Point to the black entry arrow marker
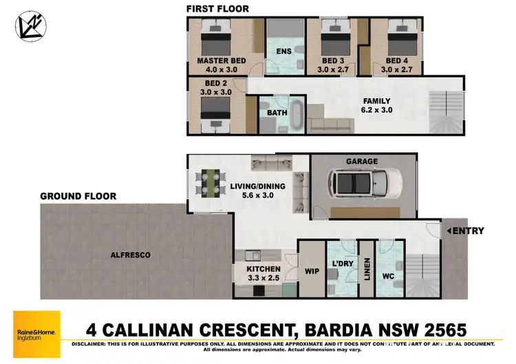coord(445,231)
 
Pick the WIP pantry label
coord(311,271)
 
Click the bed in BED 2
coord(215,110)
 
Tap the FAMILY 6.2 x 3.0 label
coord(377,105)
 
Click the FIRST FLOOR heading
coord(217,8)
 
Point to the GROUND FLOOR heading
coord(78,196)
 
